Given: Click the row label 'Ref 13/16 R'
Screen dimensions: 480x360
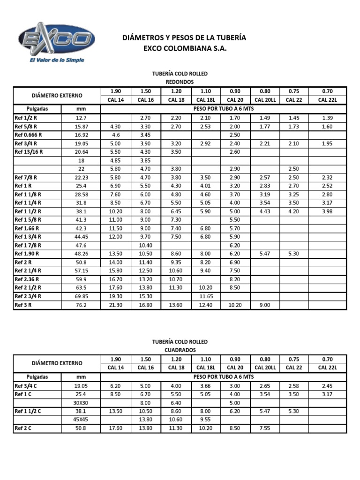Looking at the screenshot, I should click(30, 152).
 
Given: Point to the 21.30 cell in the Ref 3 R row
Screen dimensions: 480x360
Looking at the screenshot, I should click(115, 305).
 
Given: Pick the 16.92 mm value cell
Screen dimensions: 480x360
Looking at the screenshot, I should click(81, 135).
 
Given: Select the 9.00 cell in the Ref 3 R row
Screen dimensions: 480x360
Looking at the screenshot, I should click(265, 305).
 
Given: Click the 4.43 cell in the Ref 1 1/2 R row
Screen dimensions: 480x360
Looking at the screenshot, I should click(265, 211).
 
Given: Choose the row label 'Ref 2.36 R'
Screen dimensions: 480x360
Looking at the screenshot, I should click(28, 279).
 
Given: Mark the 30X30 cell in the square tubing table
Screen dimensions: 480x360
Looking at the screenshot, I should click(81, 403).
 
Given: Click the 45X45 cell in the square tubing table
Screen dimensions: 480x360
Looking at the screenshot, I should click(81, 420).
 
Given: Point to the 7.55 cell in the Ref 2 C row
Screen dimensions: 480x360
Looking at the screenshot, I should click(265, 428).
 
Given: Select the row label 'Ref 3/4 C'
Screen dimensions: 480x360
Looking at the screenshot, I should click(28, 386).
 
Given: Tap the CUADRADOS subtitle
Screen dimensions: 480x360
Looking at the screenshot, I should click(180, 350).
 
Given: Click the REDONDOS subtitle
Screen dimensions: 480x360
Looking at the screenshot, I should click(180, 82).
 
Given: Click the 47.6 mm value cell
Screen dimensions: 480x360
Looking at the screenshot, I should click(81, 245).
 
